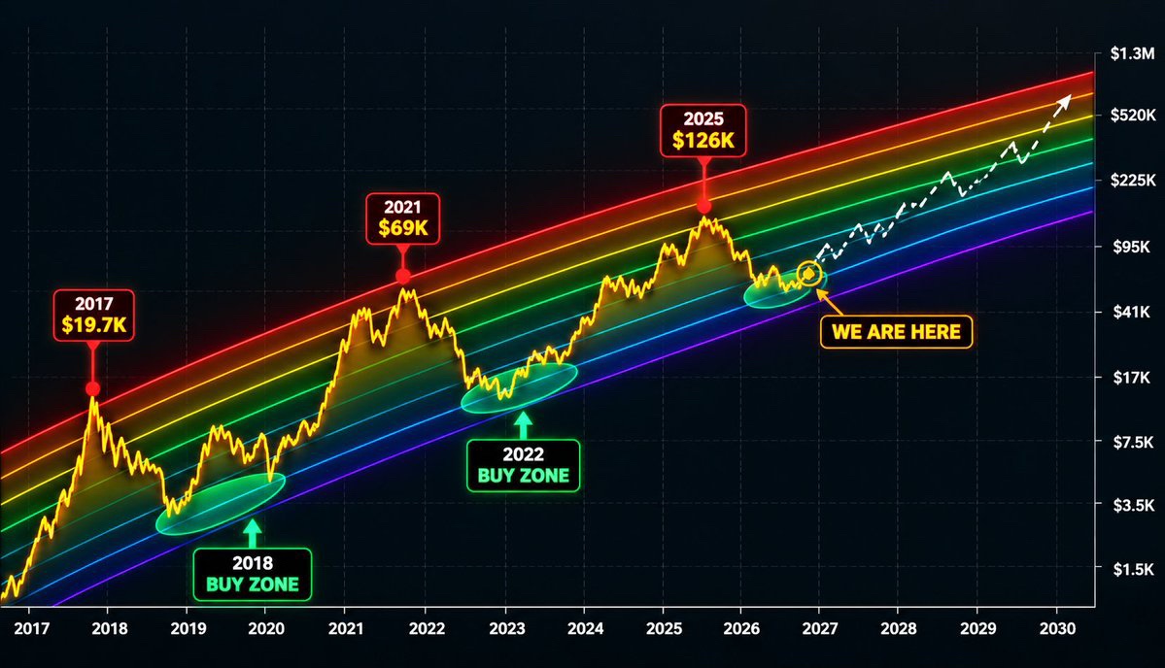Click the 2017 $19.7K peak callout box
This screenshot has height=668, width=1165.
pyautogui.click(x=93, y=316)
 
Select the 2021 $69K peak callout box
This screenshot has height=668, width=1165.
pyautogui.click(x=402, y=219)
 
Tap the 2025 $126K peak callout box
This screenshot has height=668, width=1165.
pyautogui.click(x=702, y=131)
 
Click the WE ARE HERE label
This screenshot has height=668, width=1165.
pyautogui.click(x=896, y=332)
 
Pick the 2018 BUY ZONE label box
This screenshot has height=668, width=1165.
pyautogui.click(x=253, y=575)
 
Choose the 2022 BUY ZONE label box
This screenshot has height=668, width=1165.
pyautogui.click(x=523, y=465)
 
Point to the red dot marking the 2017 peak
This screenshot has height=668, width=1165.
pyautogui.click(x=93, y=389)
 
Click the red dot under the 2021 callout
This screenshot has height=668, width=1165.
pyautogui.click(x=402, y=277)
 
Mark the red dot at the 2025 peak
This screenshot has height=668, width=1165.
pyautogui.click(x=703, y=207)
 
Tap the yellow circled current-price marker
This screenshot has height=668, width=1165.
pyautogui.click(x=809, y=274)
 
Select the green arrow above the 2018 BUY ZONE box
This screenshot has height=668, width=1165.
pyautogui.click(x=253, y=533)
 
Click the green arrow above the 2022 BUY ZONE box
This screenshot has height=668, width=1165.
pyautogui.click(x=524, y=426)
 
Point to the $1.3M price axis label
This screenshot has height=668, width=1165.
pyautogui.click(x=1132, y=53)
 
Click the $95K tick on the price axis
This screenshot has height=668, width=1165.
pyautogui.click(x=1131, y=247)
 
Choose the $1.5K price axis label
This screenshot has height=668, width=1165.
pyautogui.click(x=1133, y=569)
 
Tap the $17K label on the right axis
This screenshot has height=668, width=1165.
pyautogui.click(x=1131, y=377)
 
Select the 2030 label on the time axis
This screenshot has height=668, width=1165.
pyautogui.click(x=1057, y=628)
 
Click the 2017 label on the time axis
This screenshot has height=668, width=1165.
pyautogui.click(x=31, y=628)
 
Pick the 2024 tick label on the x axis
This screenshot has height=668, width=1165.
pyautogui.click(x=586, y=628)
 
